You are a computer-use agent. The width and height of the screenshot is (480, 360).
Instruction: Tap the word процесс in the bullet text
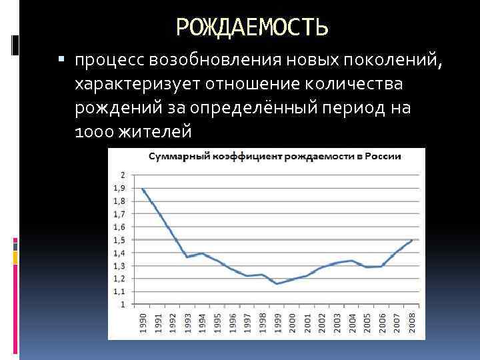111,61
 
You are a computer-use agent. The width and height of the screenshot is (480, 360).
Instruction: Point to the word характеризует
141,85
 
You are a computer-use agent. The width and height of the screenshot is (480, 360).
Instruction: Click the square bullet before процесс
62,61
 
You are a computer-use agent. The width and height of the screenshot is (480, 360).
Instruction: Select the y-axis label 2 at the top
122,175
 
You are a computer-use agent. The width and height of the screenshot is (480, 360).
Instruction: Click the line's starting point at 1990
143,189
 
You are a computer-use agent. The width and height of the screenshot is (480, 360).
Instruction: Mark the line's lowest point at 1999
277,284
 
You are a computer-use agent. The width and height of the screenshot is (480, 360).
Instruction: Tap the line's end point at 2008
411,240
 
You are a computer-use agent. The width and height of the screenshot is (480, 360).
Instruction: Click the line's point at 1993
187,257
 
